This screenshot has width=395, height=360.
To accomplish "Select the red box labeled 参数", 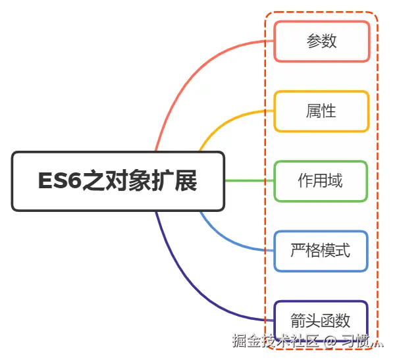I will tap(321, 41).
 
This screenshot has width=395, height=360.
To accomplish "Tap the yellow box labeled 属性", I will tap(321, 111).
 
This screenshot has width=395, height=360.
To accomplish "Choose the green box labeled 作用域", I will tap(321, 181).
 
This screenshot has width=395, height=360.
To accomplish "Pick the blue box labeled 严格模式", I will tap(321, 251).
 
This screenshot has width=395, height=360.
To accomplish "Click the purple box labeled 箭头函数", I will tap(321, 321).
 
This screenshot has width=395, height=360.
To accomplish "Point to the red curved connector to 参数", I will tap(197, 66).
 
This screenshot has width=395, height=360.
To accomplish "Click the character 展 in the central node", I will tap(186, 181).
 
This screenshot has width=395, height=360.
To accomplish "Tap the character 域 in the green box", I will tap(336, 181).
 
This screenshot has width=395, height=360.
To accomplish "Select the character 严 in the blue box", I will tap(298, 251).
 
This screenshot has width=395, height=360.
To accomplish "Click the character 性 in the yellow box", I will tap(329, 111).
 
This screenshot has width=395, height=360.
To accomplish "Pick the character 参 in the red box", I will tap(313, 41).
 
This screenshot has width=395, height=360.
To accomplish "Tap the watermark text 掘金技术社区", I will tap(275, 341).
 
